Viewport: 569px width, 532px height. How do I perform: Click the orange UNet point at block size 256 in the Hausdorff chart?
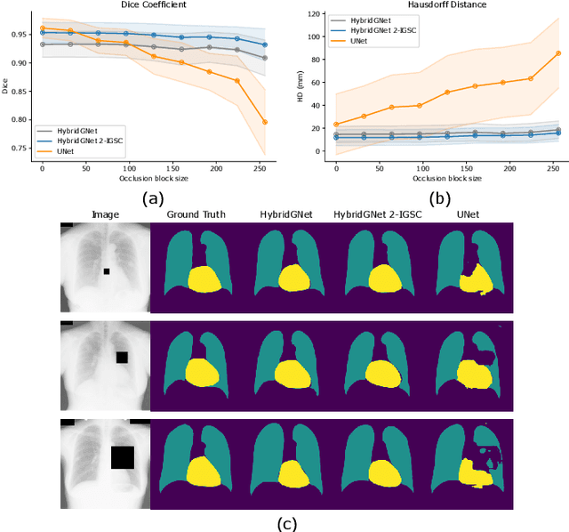tap(557, 53)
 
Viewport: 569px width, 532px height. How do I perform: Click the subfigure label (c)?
tap(286, 524)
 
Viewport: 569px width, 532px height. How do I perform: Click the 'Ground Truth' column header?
tap(195, 214)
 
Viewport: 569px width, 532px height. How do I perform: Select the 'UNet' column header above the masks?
tap(469, 214)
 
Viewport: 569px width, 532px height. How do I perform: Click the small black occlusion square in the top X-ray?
tap(106, 271)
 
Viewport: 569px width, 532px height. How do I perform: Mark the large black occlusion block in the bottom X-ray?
tap(122, 457)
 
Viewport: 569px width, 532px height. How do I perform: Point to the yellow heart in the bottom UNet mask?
tap(476, 472)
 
